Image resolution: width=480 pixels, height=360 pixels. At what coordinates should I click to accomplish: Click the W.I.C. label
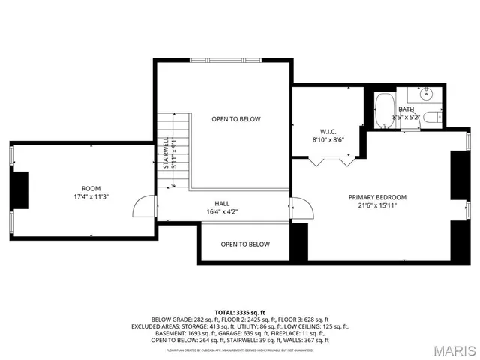(x=328, y=130)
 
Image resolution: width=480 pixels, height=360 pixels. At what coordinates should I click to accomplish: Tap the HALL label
(x=223, y=203)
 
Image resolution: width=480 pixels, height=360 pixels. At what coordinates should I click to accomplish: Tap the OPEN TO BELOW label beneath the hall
(x=245, y=244)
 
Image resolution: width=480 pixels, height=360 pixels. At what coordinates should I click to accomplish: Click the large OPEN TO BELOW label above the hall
(x=236, y=119)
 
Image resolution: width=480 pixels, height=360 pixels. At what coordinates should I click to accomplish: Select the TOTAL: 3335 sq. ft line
(x=240, y=311)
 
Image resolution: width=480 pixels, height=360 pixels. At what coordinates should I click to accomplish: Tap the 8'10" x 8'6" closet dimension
(x=328, y=139)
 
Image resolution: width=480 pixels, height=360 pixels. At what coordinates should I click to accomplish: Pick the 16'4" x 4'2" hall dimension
(x=223, y=211)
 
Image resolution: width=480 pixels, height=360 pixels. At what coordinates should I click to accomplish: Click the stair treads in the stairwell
(x=182, y=150)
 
